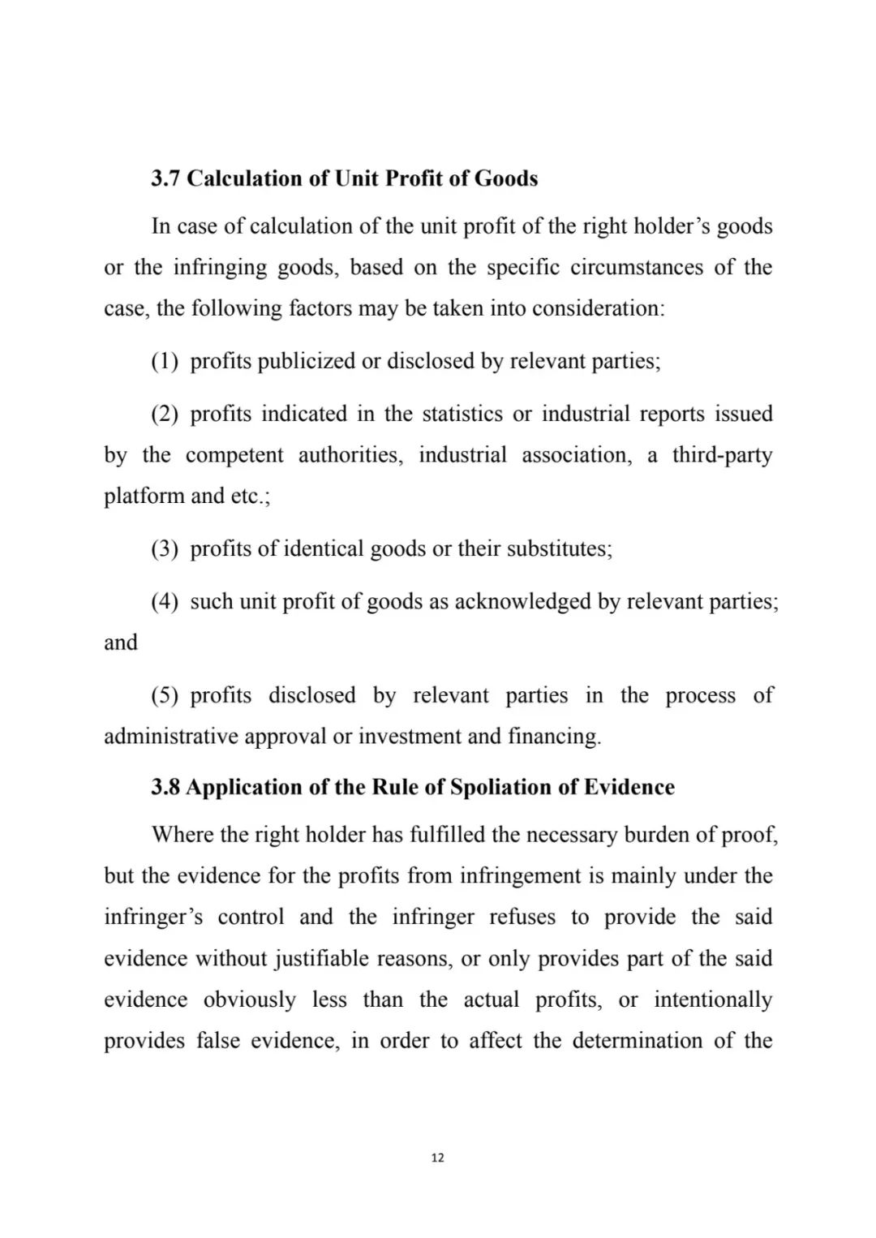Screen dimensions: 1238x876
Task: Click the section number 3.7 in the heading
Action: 166,178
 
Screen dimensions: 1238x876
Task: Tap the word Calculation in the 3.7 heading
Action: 245,178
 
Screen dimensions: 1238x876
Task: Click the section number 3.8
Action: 166,788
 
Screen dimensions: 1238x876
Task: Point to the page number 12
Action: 438,1158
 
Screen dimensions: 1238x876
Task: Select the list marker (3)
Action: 165,549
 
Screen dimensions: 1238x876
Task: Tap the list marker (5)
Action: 165,696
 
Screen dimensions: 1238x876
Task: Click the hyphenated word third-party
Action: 722,455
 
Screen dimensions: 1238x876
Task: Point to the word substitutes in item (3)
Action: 559,549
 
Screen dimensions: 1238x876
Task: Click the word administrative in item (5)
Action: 171,737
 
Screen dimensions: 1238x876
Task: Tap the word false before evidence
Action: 218,1041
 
